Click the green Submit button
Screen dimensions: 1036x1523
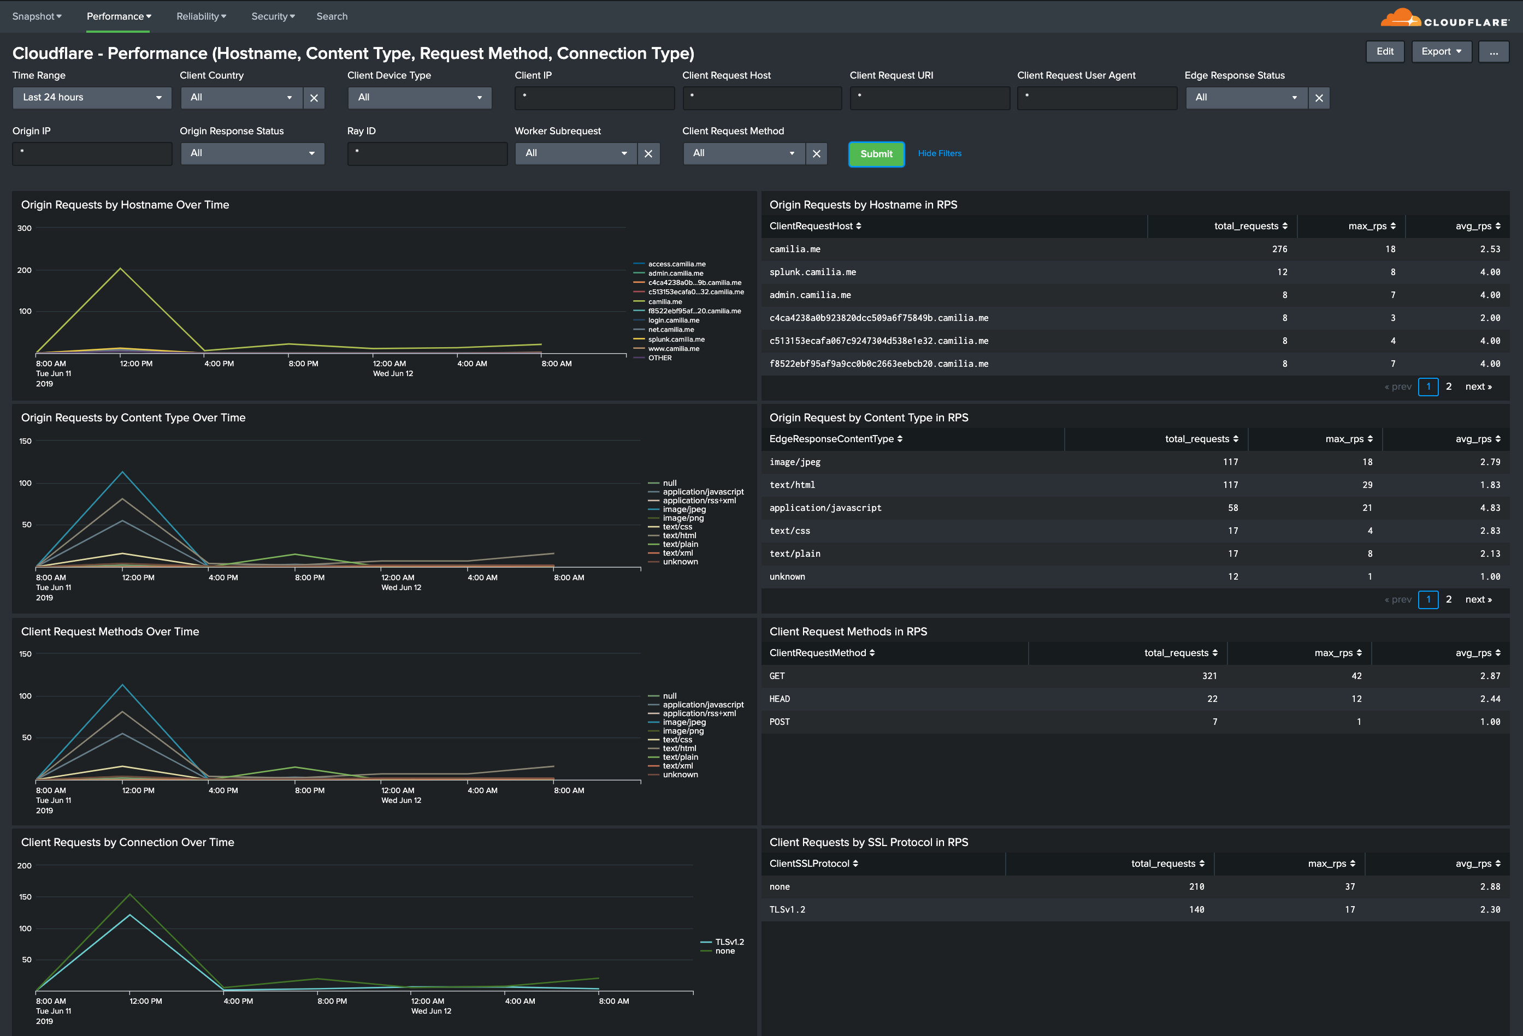click(876, 154)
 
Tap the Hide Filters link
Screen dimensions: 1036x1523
click(939, 153)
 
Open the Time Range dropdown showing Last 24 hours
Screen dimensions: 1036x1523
click(92, 98)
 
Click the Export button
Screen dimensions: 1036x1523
click(1441, 52)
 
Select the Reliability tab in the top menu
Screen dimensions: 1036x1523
click(200, 16)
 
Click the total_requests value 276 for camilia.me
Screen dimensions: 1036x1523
click(1279, 249)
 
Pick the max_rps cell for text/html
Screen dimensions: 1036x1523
click(1366, 485)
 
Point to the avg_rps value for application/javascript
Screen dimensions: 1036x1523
click(1489, 508)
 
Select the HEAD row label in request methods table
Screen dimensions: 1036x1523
click(779, 699)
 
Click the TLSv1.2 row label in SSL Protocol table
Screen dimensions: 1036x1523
click(787, 909)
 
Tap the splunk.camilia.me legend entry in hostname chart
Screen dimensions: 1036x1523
click(676, 339)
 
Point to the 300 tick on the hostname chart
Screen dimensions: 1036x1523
click(24, 229)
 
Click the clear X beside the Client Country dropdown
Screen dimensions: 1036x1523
click(314, 98)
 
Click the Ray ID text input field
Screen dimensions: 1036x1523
click(427, 154)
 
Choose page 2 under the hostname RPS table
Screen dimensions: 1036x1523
click(1448, 387)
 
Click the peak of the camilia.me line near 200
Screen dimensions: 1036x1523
click(120, 269)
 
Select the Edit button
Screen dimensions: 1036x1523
click(1384, 52)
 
